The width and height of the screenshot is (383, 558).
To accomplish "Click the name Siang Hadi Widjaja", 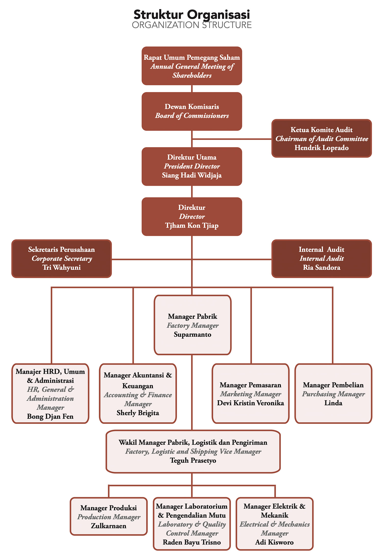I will click(192, 175).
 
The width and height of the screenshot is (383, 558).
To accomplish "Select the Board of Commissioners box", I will click(192, 111).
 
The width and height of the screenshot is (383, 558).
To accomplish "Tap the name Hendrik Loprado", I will click(321, 148).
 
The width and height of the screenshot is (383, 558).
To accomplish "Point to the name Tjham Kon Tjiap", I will click(192, 226).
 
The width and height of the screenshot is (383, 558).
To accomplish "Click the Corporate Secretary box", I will click(62, 258).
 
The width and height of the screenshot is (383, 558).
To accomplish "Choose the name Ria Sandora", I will click(321, 267).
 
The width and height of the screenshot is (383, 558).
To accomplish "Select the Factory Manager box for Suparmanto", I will click(193, 325).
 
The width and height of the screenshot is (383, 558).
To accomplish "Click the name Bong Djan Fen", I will click(50, 417).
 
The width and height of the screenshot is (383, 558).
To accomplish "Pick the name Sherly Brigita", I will click(138, 413).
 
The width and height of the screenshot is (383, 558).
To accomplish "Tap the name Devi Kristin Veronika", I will click(250, 403).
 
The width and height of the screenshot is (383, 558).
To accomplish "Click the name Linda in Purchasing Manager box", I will click(333, 403).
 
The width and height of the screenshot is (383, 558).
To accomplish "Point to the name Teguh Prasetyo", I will click(193, 460).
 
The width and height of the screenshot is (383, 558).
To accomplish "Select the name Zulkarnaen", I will click(109, 526).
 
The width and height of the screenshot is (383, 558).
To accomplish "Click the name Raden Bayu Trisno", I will click(192, 542).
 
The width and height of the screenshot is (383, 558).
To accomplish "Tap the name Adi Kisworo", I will click(274, 542).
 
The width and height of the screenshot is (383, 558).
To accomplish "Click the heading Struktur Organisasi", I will click(192, 15).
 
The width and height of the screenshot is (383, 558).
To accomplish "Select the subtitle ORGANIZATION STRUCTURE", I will click(192, 25).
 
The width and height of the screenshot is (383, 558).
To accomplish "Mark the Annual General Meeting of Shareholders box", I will click(192, 66).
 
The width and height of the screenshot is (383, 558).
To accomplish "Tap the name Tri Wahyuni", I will click(62, 267).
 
